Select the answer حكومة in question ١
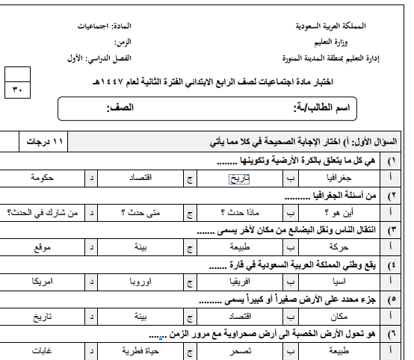tap(46, 179)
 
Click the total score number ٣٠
tap(17, 90)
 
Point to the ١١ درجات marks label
tap(46, 140)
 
